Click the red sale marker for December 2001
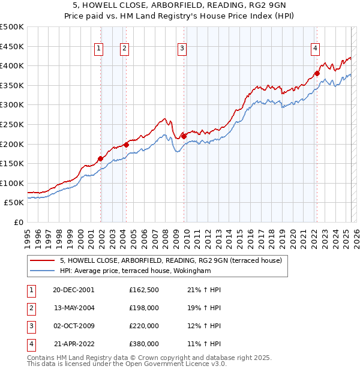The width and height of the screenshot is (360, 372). (x=100, y=158)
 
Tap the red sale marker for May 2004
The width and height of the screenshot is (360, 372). (x=127, y=145)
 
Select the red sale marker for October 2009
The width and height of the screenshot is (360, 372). (x=184, y=136)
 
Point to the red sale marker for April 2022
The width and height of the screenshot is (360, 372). (x=317, y=74)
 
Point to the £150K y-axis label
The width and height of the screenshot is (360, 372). (x=12, y=163)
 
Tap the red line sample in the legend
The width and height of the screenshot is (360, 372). (x=41, y=260)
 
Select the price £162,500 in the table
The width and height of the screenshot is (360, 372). (x=144, y=290)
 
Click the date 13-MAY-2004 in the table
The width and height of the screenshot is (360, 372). (x=74, y=308)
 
